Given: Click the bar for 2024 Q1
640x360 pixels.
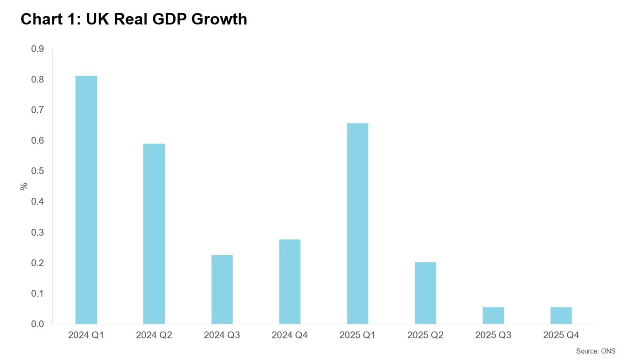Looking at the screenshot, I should [x=86, y=200].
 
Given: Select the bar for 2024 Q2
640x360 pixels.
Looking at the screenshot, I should [x=154, y=234].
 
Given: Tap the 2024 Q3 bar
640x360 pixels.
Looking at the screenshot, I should [x=222, y=290].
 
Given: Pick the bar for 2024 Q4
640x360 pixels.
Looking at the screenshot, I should [x=290, y=282].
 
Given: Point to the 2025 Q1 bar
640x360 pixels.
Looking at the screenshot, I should [x=358, y=224].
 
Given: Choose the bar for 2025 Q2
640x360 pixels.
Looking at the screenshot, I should [x=425, y=293].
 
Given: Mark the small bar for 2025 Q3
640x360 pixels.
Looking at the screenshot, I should [x=493, y=316].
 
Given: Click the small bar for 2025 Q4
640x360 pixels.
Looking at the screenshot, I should [x=561, y=316].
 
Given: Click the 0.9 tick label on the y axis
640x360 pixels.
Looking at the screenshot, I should [x=38, y=49].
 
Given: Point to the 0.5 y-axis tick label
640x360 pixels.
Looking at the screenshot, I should [x=38, y=171].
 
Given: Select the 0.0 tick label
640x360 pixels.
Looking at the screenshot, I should [x=38, y=324].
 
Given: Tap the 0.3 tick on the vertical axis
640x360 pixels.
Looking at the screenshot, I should [x=38, y=232].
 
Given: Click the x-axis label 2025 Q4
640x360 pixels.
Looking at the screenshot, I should [x=561, y=335].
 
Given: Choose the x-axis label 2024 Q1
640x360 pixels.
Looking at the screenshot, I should [x=86, y=335].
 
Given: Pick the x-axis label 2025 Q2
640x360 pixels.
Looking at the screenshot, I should [x=425, y=335].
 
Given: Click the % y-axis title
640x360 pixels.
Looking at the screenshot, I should [x=24, y=186].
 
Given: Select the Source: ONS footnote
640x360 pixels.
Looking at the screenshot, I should [x=596, y=351].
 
